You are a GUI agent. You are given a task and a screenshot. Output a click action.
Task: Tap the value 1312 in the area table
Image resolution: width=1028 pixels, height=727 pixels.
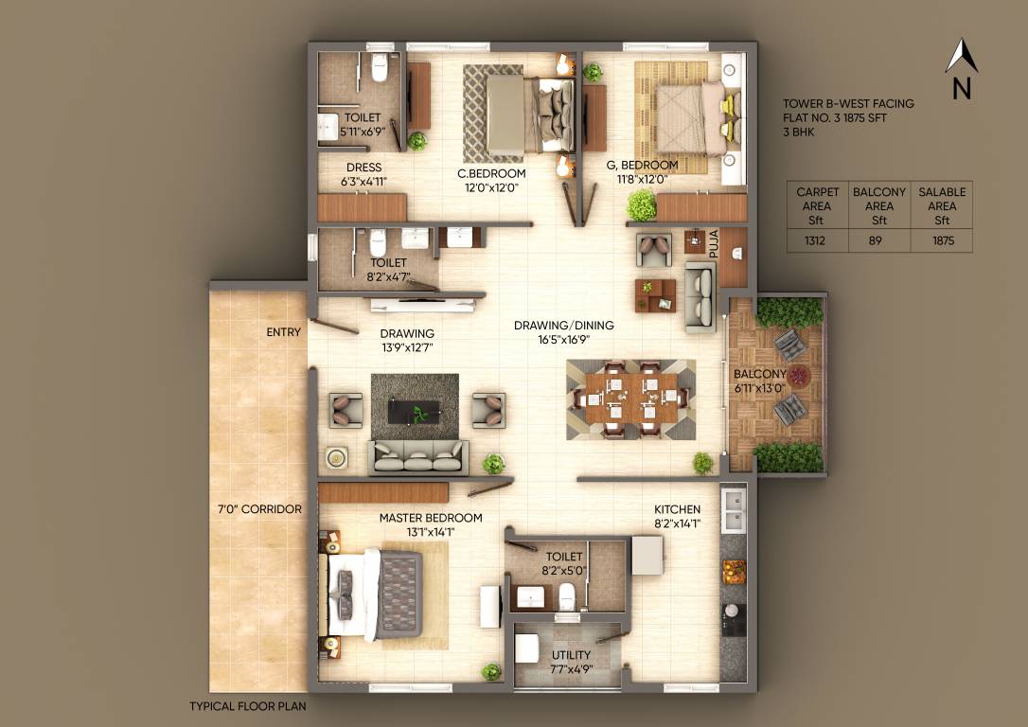coord(815,241)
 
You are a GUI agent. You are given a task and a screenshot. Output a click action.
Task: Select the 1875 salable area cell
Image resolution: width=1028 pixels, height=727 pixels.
coord(942,241)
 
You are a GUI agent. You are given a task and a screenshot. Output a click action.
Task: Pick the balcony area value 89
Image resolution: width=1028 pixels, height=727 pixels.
coord(878,241)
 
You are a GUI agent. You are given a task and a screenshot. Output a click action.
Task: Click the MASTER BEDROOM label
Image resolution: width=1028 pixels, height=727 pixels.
coord(431,518)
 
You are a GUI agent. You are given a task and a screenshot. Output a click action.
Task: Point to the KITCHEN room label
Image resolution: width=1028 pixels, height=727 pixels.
coord(677,509)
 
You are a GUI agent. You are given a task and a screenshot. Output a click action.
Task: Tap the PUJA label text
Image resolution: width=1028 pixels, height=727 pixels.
coord(715,245)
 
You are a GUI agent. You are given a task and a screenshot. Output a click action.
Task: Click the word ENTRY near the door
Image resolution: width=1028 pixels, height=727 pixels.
coord(283,332)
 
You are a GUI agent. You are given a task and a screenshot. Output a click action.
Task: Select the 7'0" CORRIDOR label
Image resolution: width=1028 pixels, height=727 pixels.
coord(259,509)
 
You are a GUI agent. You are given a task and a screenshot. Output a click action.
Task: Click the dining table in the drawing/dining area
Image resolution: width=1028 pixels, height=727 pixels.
coord(630,399)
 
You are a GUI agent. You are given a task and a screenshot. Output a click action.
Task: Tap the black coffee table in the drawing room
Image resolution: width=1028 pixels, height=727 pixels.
coord(414,411)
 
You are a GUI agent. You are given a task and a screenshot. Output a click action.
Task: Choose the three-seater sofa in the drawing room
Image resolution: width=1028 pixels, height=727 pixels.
coord(418,456)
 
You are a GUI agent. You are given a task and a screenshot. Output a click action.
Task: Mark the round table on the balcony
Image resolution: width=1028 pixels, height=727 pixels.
coord(801,377)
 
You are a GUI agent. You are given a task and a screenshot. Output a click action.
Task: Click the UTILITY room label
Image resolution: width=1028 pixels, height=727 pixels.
coord(571,655)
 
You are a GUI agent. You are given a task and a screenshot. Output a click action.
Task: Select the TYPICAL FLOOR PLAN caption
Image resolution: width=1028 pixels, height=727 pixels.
coord(247,706)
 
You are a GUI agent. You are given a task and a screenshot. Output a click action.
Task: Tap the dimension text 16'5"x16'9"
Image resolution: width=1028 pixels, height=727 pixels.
coord(563,340)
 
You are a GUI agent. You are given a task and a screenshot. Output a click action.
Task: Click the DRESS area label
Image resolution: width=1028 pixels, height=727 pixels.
coord(363,168)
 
